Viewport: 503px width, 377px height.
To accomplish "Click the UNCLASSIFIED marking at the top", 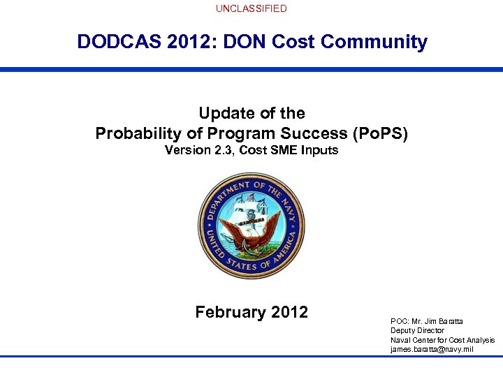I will pyautogui.click(x=251, y=8).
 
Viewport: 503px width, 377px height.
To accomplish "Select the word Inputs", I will pyautogui.click(x=320, y=150).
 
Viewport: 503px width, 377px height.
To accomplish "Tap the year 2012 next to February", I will pyautogui.click(x=289, y=312).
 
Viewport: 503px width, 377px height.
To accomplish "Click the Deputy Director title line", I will pyautogui.click(x=417, y=330).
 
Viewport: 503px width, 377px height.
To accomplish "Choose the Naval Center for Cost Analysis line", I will pyautogui.click(x=442, y=340).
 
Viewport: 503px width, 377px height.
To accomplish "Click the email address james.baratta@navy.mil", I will pyautogui.click(x=431, y=349).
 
